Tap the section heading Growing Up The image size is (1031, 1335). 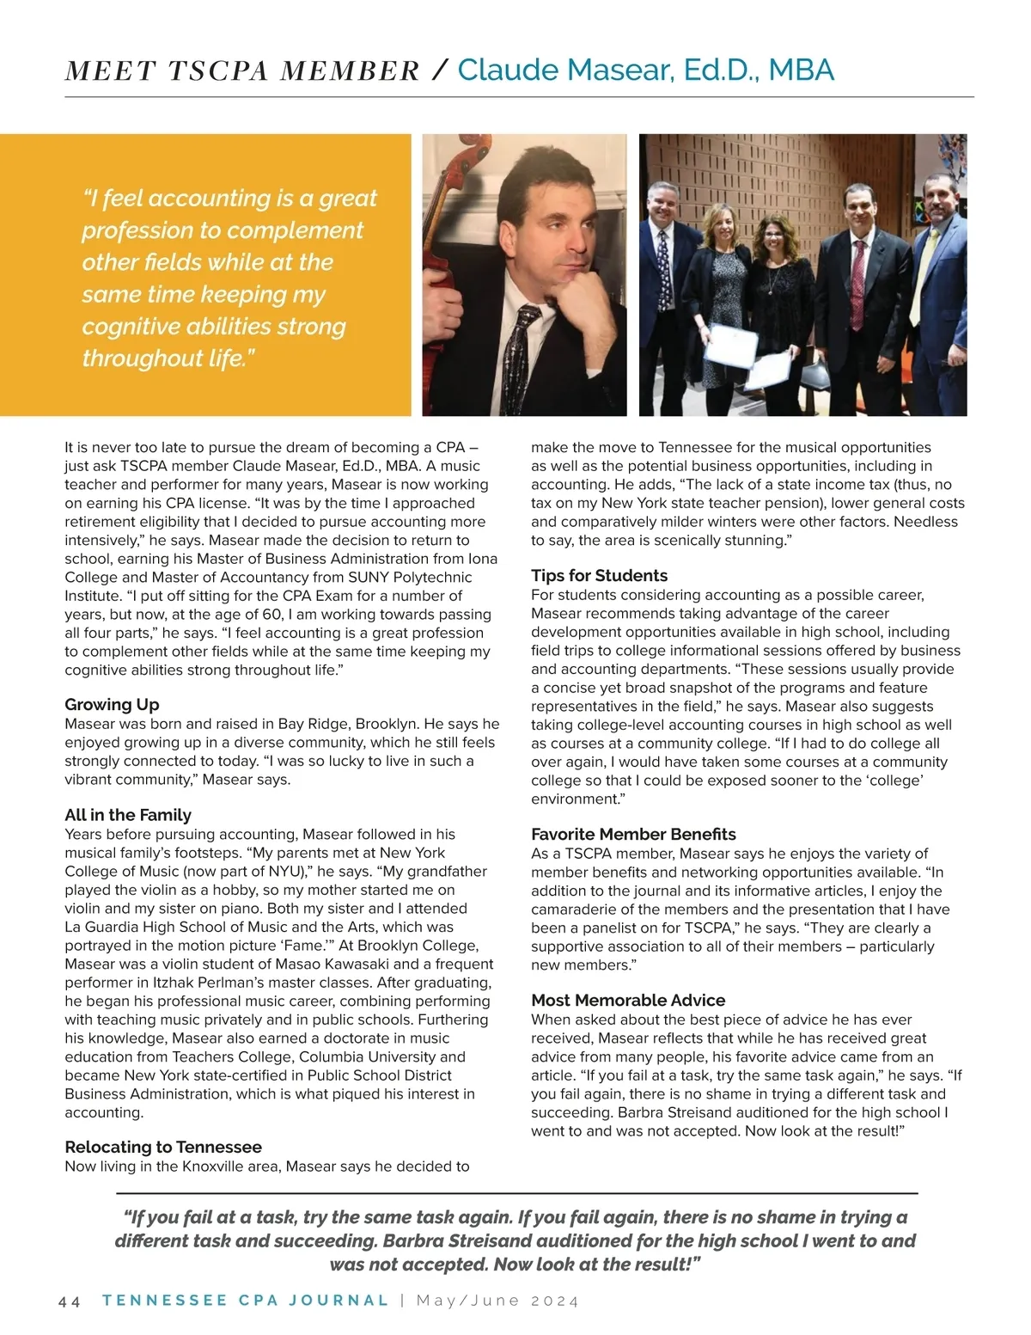point(112,705)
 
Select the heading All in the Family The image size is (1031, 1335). point(128,815)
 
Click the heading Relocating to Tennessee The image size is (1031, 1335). point(163,1147)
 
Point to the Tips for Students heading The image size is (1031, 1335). point(599,576)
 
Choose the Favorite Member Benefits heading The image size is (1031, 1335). point(633,834)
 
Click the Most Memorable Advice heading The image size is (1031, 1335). point(628,1000)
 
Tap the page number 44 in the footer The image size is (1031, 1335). point(70,1301)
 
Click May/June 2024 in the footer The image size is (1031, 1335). point(497,1301)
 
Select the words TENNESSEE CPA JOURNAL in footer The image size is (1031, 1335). point(246,1301)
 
